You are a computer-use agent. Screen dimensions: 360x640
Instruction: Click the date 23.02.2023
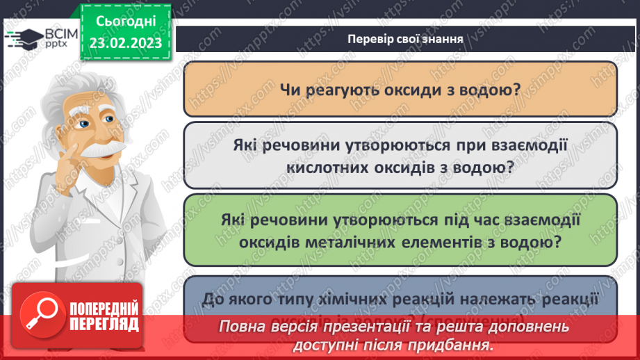tap(124, 43)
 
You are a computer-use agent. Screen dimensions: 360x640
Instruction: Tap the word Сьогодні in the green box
tap(124, 22)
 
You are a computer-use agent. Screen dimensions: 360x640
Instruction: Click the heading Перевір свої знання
tap(406, 38)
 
